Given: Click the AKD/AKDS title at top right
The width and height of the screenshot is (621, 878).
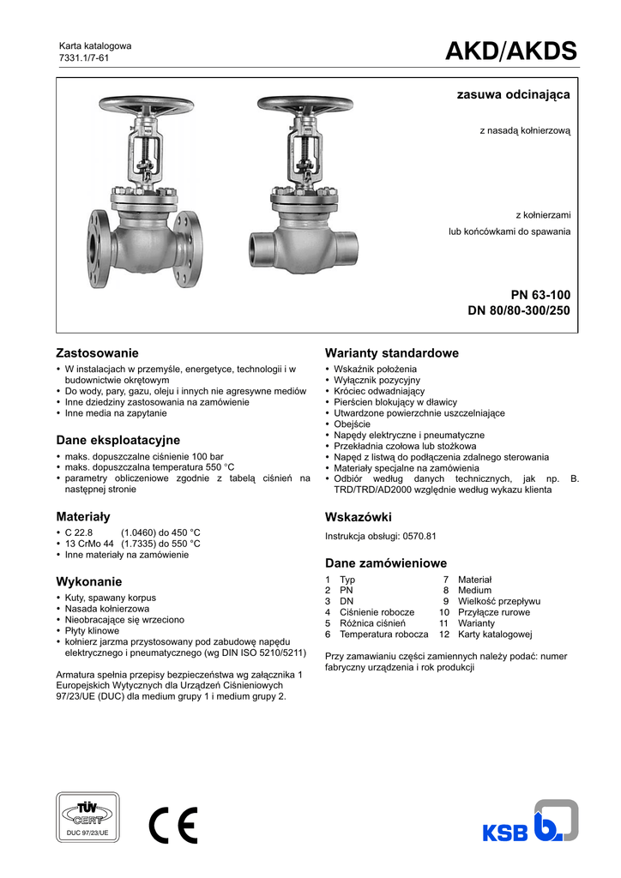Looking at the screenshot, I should [510, 52].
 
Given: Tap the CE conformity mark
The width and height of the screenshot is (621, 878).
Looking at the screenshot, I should [172, 826].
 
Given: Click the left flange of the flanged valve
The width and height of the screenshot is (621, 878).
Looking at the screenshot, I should [97, 246].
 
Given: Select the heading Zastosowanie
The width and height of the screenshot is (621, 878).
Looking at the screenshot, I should [97, 353].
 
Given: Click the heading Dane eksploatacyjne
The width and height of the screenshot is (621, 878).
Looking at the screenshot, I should [118, 440].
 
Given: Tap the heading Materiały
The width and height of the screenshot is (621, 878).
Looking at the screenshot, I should [83, 517].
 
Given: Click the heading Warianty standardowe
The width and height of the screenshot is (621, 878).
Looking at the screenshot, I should [392, 353].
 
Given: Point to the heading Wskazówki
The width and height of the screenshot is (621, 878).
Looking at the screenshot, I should [359, 517].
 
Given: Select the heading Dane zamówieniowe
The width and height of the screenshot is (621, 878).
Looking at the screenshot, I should [386, 563].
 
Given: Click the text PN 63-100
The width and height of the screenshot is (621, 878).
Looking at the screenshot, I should [541, 295].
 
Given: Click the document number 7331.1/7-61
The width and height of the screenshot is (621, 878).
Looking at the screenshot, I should [83, 57].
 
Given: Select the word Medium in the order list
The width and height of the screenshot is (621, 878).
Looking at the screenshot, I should [474, 591].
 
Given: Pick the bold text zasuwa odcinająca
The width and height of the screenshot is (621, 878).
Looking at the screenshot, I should [513, 95].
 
